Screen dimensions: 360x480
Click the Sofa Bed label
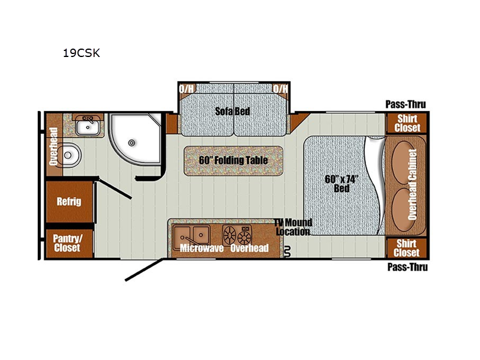pyautogui.click(x=233, y=112)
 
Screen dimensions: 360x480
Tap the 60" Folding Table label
pyautogui.click(x=233, y=160)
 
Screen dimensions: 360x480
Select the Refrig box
pyautogui.click(x=69, y=202)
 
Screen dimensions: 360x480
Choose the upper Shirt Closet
pyautogui.click(x=407, y=123)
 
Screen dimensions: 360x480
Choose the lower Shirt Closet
pyautogui.click(x=407, y=247)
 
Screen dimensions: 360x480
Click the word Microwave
pyautogui.click(x=199, y=247)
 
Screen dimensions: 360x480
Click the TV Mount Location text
pyautogui.click(x=293, y=227)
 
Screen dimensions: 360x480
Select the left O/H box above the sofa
pyautogui.click(x=187, y=89)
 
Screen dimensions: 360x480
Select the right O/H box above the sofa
pyautogui.click(x=280, y=89)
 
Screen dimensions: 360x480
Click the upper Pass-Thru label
pyautogui.click(x=406, y=104)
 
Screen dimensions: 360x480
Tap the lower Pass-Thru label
pyautogui.click(x=407, y=267)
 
